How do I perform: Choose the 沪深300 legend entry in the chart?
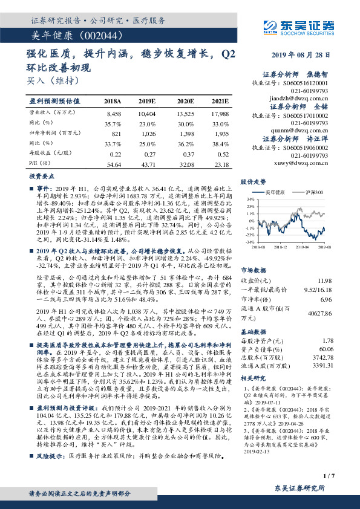click(313, 192)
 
